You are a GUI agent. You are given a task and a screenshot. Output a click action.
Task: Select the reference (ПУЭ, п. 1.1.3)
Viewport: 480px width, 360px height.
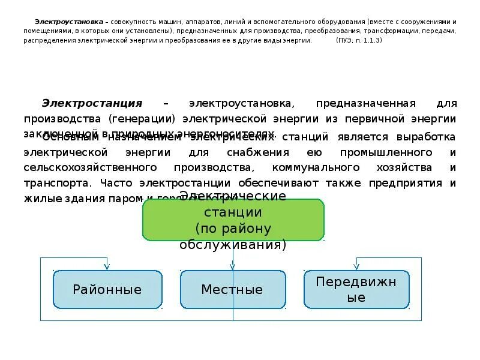coord(359,40)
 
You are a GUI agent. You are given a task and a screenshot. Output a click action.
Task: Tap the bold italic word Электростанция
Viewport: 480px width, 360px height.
coord(92,103)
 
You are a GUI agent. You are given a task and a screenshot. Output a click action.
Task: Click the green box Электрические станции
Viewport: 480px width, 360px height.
coord(233,220)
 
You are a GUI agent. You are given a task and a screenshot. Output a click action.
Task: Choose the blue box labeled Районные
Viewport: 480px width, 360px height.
coord(107,290)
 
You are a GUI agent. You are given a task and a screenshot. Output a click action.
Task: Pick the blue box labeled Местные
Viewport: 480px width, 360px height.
coord(232,290)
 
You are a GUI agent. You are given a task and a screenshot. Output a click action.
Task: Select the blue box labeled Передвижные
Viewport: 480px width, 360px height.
coord(356,289)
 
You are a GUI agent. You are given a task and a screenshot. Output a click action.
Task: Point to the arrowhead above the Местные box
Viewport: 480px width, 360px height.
coord(233,266)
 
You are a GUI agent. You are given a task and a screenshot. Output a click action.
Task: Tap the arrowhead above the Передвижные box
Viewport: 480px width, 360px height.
coord(356,266)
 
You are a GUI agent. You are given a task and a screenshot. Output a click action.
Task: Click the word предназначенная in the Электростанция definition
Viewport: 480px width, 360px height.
coord(358,103)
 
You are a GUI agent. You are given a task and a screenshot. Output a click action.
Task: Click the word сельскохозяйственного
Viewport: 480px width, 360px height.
coord(91,167)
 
